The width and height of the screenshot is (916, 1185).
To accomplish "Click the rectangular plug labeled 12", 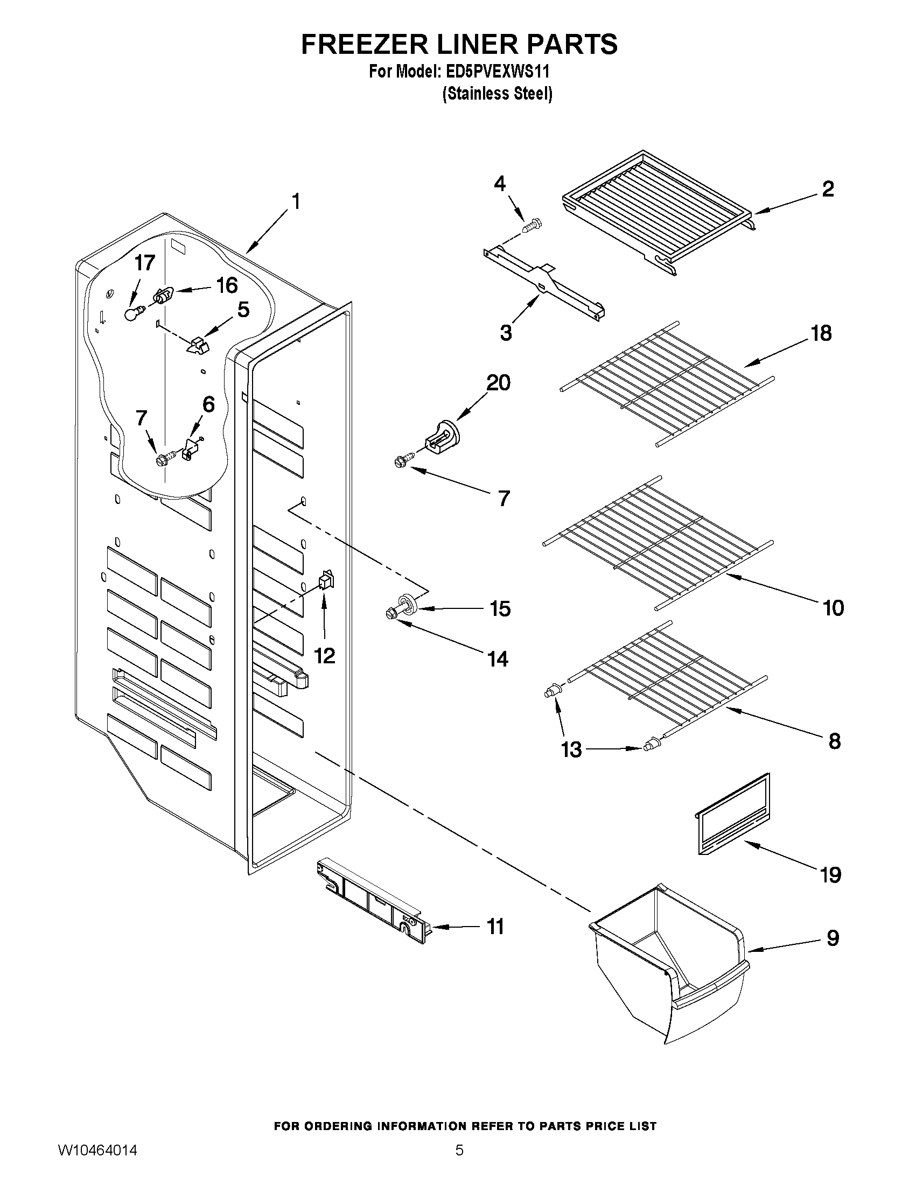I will click(326, 580).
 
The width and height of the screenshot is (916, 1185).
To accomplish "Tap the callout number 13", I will click(571, 750).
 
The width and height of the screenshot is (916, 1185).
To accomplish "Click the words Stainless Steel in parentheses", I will click(497, 94).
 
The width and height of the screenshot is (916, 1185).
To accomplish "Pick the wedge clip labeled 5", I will click(198, 346).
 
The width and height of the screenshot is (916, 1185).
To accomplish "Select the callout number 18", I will click(821, 333).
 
